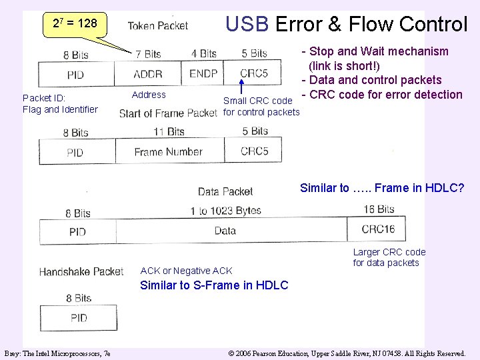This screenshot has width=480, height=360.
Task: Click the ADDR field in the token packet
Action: pyautogui.click(x=147, y=74)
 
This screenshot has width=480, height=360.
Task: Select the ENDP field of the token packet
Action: pyautogui.click(x=203, y=74)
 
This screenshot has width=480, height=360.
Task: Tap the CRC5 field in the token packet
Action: pyautogui.click(x=253, y=73)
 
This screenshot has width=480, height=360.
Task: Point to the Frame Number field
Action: pyautogui.click(x=168, y=152)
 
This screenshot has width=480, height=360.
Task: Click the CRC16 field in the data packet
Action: pyautogui.click(x=378, y=230)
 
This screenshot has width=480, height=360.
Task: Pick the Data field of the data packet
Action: pyautogui.click(x=225, y=231)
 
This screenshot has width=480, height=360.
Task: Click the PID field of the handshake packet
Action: pyautogui.click(x=79, y=317)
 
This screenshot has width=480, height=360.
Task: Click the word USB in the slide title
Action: pyautogui.click(x=247, y=25)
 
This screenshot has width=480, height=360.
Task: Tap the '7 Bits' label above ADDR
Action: pyautogui.click(x=148, y=54)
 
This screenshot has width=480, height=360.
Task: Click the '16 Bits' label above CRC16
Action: pyautogui.click(x=379, y=209)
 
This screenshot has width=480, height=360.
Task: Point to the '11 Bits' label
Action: pyautogui.click(x=168, y=131)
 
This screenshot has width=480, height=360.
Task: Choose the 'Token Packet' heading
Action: pyautogui.click(x=158, y=26)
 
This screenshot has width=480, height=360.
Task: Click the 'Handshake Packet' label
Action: pyautogui.click(x=81, y=271)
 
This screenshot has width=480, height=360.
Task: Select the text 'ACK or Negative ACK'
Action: pyautogui.click(x=186, y=271)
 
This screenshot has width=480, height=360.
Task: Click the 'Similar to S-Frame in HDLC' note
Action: pyautogui.click(x=214, y=285)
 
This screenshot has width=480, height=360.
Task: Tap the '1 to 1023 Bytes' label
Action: pyautogui.click(x=225, y=211)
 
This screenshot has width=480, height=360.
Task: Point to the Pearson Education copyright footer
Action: pyautogui.click(x=347, y=353)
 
